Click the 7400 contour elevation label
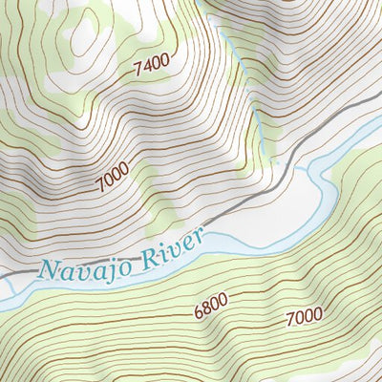(x=152, y=65)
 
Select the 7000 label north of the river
(x=112, y=177)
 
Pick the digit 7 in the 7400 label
(x=138, y=67)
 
